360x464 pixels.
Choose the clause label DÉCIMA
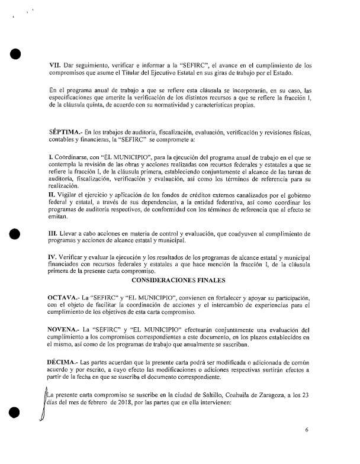(x=65, y=361)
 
